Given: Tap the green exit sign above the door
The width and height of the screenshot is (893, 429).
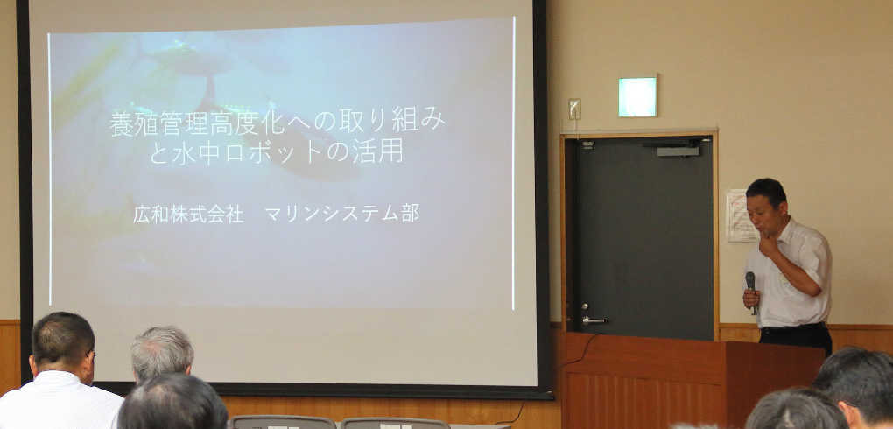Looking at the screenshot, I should [637, 96].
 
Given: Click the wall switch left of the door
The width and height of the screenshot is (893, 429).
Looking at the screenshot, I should [574, 109].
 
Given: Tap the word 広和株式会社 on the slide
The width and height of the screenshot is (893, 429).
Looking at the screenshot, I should [188, 214].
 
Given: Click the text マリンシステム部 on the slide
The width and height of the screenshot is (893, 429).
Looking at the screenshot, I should [342, 213].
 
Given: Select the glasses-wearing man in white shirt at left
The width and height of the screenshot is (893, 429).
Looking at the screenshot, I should [61, 372].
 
